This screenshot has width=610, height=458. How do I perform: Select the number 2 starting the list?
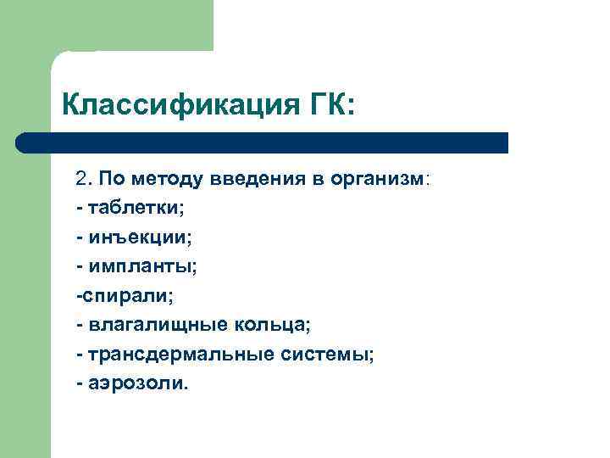(81, 180)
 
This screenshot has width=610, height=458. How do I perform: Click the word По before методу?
(110, 180)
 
